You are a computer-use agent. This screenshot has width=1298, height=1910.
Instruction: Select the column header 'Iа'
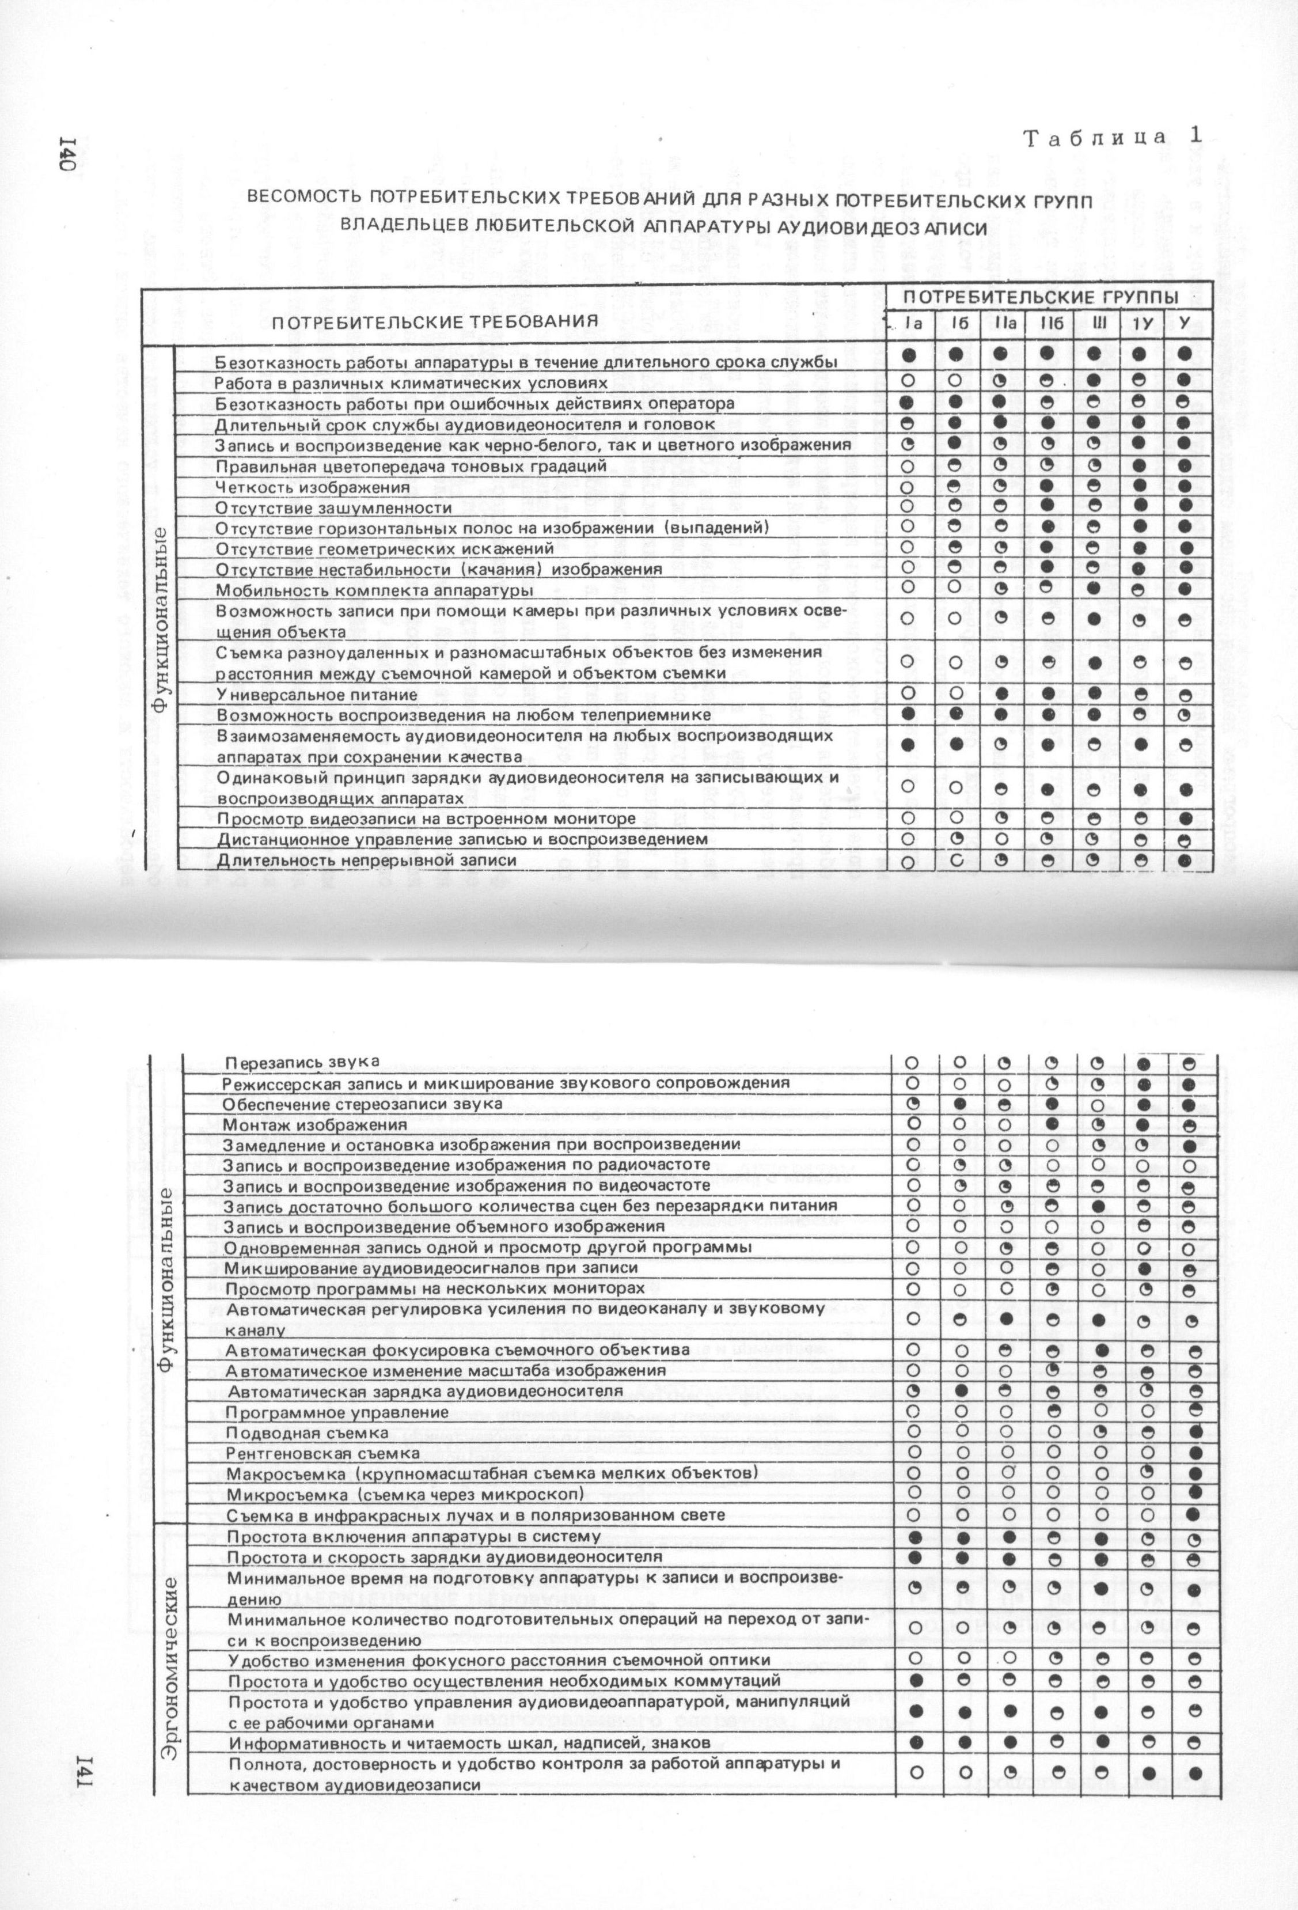click(x=911, y=324)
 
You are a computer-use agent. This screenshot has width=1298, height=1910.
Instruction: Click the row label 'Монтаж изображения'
click(x=316, y=1124)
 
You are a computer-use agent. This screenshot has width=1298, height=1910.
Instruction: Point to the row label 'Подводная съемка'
click(x=308, y=1432)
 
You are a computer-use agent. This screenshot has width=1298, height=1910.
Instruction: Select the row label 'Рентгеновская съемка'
click(x=323, y=1453)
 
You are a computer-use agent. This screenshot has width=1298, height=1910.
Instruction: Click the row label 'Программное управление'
click(x=337, y=1412)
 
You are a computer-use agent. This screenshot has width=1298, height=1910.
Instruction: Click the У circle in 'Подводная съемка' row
click(x=1195, y=1432)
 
